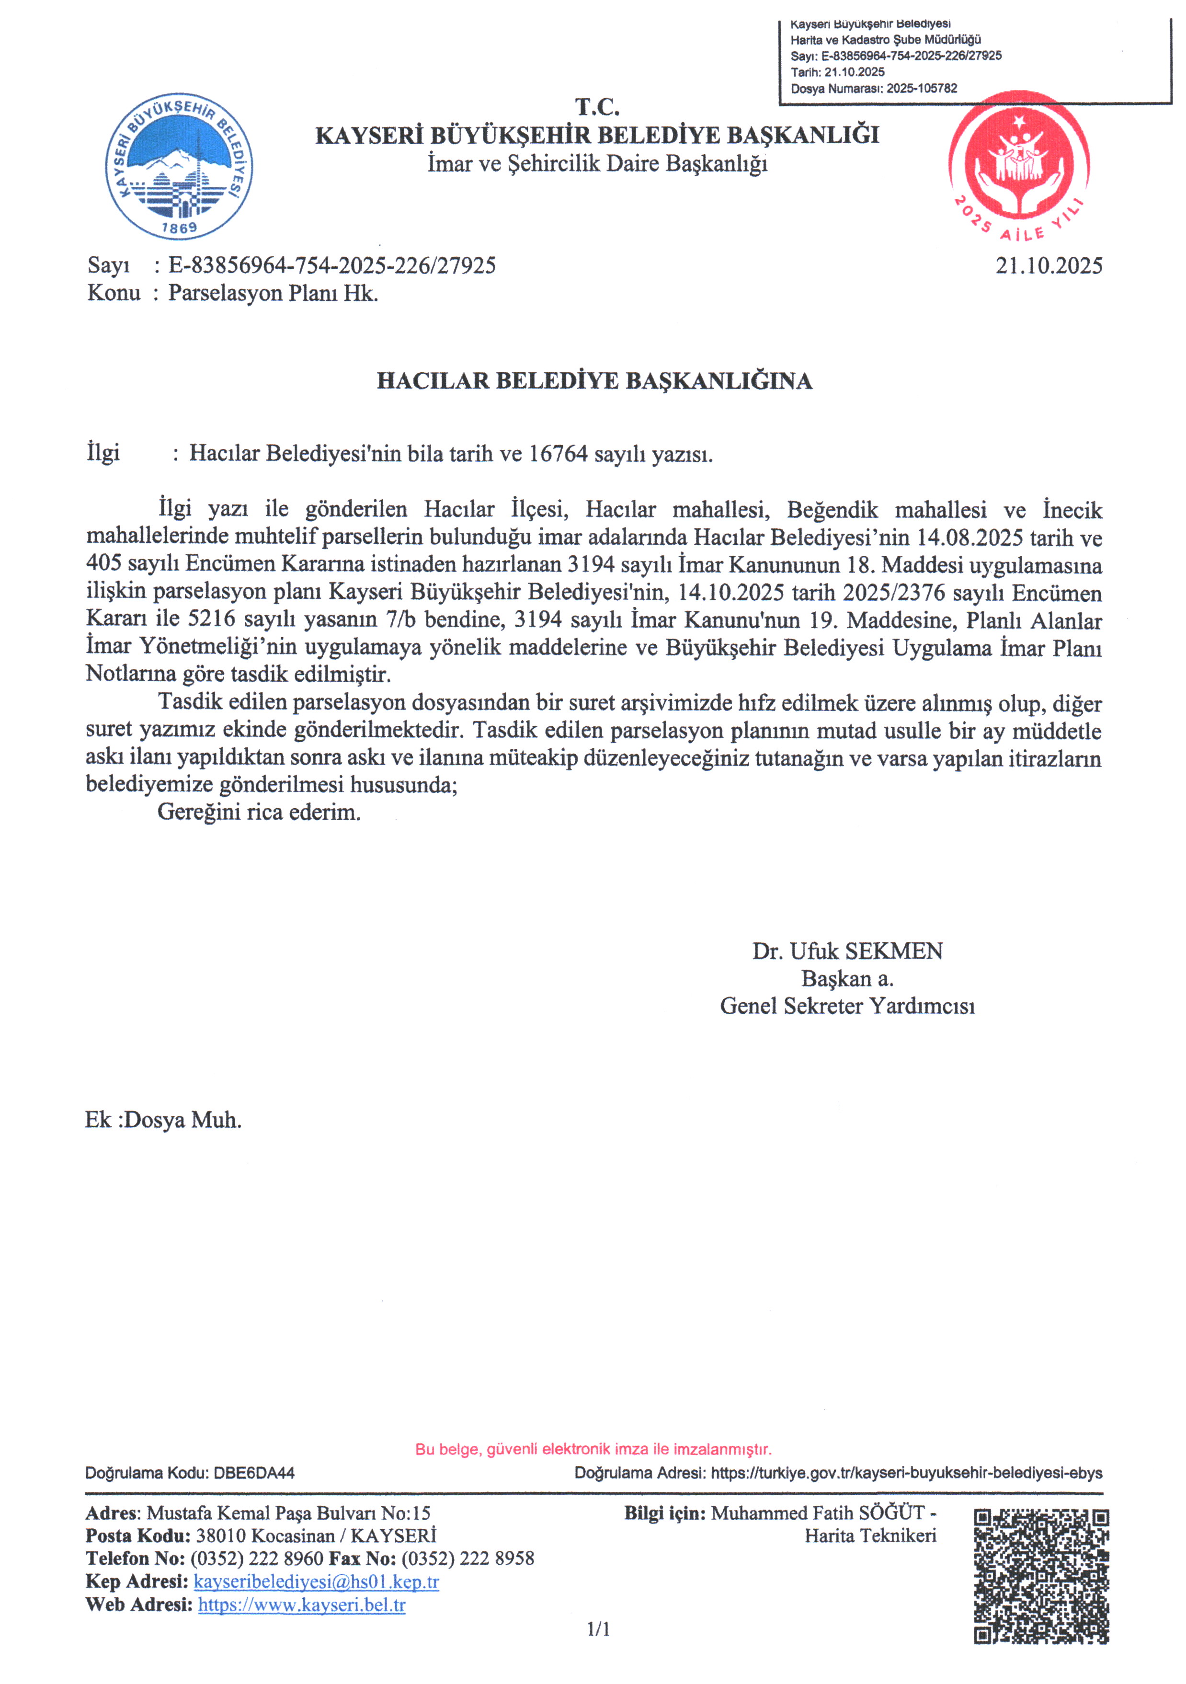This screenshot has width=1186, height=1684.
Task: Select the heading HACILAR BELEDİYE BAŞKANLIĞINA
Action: pyautogui.click(x=594, y=381)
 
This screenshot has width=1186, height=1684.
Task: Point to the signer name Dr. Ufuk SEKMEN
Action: pyautogui.click(x=847, y=951)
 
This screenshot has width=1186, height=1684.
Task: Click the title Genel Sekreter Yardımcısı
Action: pyautogui.click(x=847, y=1006)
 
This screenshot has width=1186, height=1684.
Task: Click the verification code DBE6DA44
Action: pyautogui.click(x=254, y=1473)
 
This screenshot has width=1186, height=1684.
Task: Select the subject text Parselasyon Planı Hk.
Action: pyautogui.click(x=273, y=293)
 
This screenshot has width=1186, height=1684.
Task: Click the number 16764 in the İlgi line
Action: pyautogui.click(x=558, y=454)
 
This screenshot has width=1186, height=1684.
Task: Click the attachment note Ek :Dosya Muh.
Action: pyautogui.click(x=163, y=1120)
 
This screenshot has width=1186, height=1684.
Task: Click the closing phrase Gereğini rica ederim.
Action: pyautogui.click(x=259, y=813)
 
